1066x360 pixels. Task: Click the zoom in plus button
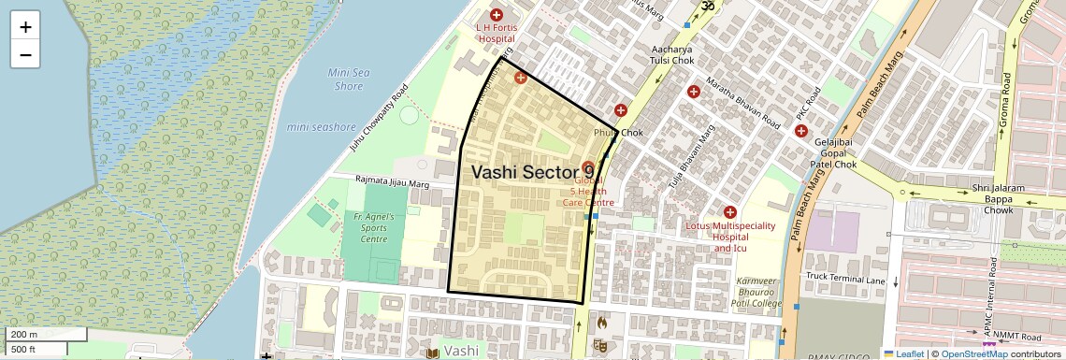coord(25,27)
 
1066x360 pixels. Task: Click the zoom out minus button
coord(25,54)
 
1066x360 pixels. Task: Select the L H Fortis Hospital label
coord(496,34)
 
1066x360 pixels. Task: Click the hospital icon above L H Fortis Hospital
coord(496,15)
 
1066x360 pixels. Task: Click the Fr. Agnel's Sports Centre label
coord(374,228)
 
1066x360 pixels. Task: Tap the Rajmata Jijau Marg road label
coord(392,182)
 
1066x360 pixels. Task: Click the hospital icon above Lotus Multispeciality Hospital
coord(730,212)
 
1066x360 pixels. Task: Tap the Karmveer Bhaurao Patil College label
coord(757,292)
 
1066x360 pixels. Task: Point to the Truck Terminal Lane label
coord(845,278)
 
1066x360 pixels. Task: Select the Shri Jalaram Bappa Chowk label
coord(993,199)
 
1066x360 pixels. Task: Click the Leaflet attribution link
coord(903,353)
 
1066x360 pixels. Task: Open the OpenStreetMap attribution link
coord(973,353)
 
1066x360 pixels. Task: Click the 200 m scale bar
coord(47,335)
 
